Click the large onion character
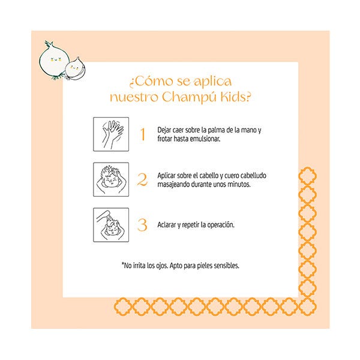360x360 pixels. [x=54, y=61]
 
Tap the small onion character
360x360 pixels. [x=75, y=68]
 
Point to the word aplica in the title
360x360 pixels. [x=212, y=82]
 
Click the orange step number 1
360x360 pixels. [x=143, y=134]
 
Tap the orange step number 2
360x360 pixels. [x=142, y=179]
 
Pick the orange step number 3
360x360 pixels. [x=142, y=225]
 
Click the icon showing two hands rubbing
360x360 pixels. [x=111, y=134]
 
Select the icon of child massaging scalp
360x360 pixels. [x=111, y=179]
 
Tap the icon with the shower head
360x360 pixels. [x=111, y=225]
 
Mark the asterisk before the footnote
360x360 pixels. [x=122, y=263]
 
